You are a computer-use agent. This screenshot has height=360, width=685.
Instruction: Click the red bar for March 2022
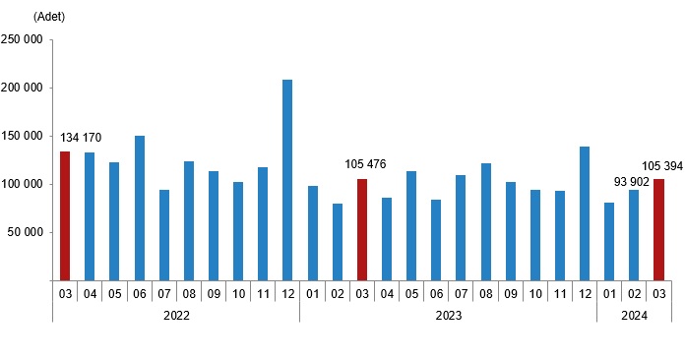pos(65,215)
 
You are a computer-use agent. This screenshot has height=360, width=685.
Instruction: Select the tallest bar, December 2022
pos(287,180)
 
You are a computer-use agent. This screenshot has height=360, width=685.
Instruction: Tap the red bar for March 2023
pos(362,229)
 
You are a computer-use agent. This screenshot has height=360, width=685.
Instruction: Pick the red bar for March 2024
pos(658,229)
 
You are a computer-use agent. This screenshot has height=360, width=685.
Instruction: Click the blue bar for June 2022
pos(140,208)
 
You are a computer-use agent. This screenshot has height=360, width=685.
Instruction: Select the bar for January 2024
pos(609,241)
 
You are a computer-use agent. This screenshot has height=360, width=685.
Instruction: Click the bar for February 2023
pos(338,242)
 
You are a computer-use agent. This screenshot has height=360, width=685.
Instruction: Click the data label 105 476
pos(368,164)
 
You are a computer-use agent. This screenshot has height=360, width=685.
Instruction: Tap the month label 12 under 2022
pos(287,292)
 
